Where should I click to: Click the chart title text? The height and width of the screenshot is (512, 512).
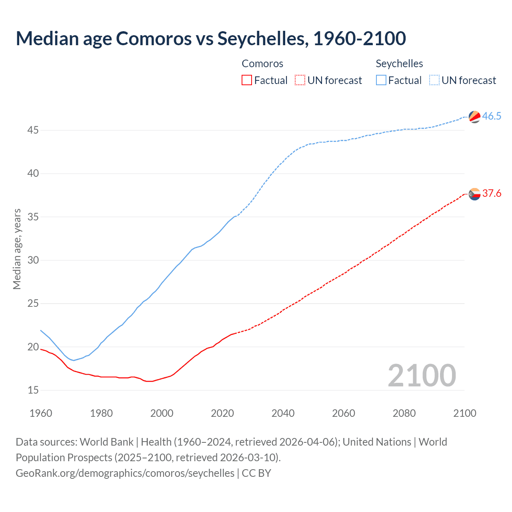click(x=211, y=38)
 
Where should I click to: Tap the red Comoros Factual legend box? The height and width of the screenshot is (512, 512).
click(x=247, y=80)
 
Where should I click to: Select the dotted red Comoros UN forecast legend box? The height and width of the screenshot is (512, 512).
click(x=300, y=80)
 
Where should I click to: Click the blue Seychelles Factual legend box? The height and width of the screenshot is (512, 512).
click(x=381, y=80)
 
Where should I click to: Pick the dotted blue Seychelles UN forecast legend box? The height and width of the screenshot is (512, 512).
click(x=434, y=80)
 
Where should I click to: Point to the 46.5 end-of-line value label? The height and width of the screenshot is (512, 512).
click(x=492, y=116)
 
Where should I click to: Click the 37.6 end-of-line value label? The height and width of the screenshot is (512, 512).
click(x=492, y=194)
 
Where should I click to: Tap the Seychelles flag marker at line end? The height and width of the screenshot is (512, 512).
click(x=474, y=116)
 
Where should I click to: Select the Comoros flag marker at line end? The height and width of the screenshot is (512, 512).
click(x=474, y=194)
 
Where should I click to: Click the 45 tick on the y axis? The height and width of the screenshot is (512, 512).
click(x=33, y=130)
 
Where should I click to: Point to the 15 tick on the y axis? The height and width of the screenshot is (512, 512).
click(x=33, y=390)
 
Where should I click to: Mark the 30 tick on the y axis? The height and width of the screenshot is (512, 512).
click(x=33, y=260)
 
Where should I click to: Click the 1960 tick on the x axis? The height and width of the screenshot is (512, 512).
click(x=41, y=413)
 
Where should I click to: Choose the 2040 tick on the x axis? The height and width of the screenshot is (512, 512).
click(x=283, y=413)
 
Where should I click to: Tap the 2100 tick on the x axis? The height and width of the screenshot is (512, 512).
click(x=464, y=413)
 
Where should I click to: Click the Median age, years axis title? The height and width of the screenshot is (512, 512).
click(x=17, y=249)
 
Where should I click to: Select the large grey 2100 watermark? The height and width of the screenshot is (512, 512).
click(x=422, y=375)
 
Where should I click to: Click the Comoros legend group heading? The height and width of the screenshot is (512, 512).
click(x=262, y=64)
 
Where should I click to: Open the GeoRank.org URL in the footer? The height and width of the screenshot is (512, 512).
click(x=125, y=473)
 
